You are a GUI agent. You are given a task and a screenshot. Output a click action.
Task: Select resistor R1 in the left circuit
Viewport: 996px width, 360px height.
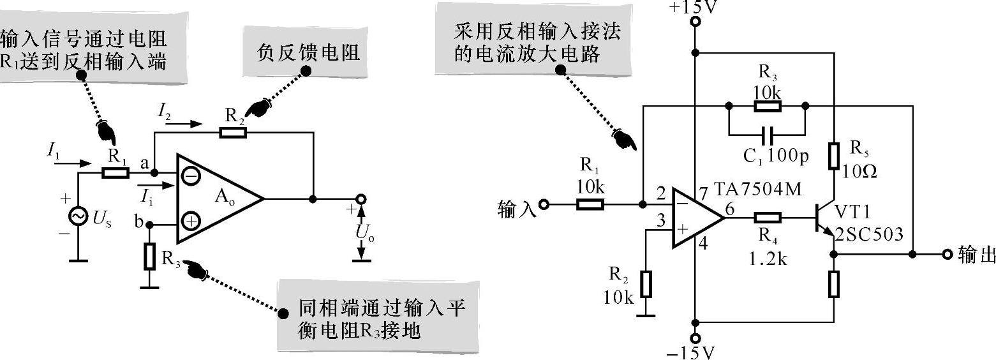[115, 173]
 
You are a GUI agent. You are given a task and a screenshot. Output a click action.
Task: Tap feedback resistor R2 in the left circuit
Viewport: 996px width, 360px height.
[232, 133]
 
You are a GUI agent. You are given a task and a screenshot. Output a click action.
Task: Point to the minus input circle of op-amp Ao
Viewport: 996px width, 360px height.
[191, 174]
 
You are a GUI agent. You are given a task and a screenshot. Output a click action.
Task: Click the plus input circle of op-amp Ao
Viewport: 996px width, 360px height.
[191, 222]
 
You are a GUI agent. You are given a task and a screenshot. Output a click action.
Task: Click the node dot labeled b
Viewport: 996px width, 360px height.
[150, 225]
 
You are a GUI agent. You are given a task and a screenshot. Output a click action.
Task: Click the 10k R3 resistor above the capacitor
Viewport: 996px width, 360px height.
[768, 106]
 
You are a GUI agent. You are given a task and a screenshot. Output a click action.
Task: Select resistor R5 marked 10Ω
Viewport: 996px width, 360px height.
[834, 156]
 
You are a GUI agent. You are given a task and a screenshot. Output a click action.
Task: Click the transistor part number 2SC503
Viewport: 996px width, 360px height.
[869, 235]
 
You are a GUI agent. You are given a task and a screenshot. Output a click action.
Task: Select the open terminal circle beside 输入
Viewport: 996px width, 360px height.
[544, 205]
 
